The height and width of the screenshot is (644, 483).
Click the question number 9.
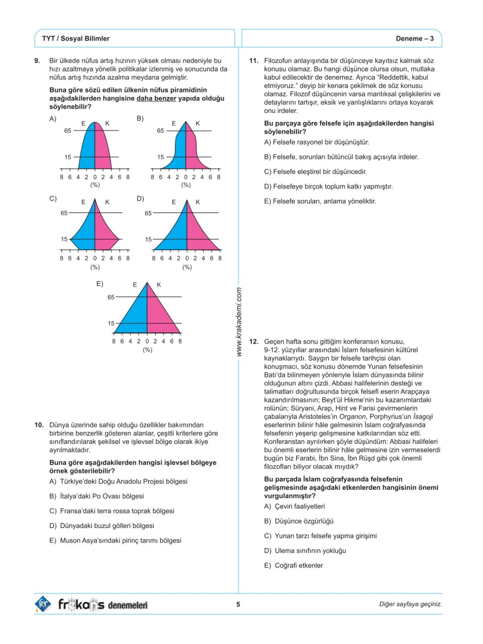pos(37,61)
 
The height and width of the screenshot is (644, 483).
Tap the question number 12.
pos(254,342)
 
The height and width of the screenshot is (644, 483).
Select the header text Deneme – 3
pos(415,39)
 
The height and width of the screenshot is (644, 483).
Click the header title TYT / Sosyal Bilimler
pos(76,39)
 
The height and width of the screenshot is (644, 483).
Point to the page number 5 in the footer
pos(238,604)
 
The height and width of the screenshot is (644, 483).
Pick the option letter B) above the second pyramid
pos(140,118)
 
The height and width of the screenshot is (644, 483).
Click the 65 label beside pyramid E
pos(111,297)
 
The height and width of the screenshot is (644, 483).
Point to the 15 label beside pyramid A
pos(68,157)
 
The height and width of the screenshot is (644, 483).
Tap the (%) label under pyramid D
pos(187,267)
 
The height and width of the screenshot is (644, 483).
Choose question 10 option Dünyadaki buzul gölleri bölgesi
pos(107,526)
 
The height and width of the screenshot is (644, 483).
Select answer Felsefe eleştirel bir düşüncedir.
pos(320,172)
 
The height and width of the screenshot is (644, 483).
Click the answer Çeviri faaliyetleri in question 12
pos(300,506)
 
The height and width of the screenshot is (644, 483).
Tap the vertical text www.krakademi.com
pos(239,322)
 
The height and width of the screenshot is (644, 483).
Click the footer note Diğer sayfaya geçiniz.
pos(411,604)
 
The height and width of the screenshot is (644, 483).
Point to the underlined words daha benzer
pos(157,99)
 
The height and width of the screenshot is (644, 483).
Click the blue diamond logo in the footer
pos(43,604)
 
